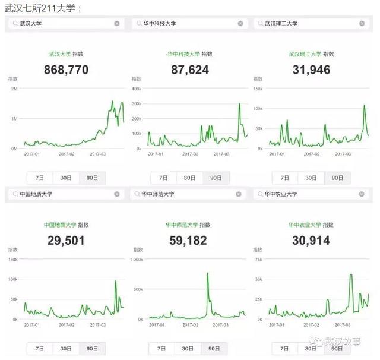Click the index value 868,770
[66, 70]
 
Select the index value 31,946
[311, 70]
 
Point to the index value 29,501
[66, 240]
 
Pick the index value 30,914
[311, 240]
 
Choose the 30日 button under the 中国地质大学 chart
[66, 349]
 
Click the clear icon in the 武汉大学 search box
[116, 23]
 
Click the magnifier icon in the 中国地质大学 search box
[14, 194]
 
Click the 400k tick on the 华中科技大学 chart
[135, 89]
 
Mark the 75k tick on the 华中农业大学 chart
[258, 260]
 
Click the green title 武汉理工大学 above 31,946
[305, 53]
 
